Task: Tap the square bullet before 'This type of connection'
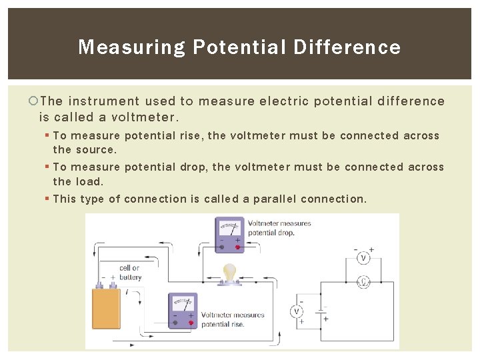[x=47, y=199]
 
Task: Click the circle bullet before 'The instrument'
[x=34, y=101]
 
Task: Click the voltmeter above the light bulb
[x=229, y=234]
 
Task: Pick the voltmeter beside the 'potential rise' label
[x=183, y=310]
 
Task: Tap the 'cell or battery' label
[x=130, y=273]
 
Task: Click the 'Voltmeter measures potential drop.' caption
[x=279, y=228]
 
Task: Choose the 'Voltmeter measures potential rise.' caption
[x=233, y=319]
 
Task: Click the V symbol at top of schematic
[x=363, y=257]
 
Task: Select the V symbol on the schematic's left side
[x=297, y=311]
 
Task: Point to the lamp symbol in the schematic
[x=363, y=282]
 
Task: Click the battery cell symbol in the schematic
[x=321, y=311]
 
